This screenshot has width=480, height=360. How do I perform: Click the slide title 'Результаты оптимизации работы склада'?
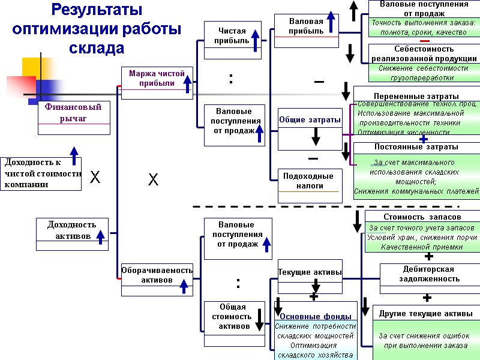point(97,28)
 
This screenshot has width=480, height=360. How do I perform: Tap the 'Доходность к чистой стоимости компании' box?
point(41,173)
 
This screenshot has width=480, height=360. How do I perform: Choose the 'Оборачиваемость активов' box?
point(157,275)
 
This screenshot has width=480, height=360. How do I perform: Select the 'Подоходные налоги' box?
point(309,181)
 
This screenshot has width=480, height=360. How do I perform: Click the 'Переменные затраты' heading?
point(416,96)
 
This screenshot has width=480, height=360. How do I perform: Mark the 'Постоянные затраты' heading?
point(416,146)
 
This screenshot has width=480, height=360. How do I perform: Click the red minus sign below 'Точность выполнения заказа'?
point(424,40)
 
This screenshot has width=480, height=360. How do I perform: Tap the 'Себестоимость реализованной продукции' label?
point(424,54)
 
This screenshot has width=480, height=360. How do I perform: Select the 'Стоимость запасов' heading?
point(422,217)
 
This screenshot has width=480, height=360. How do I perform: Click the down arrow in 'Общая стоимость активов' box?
point(260,319)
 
